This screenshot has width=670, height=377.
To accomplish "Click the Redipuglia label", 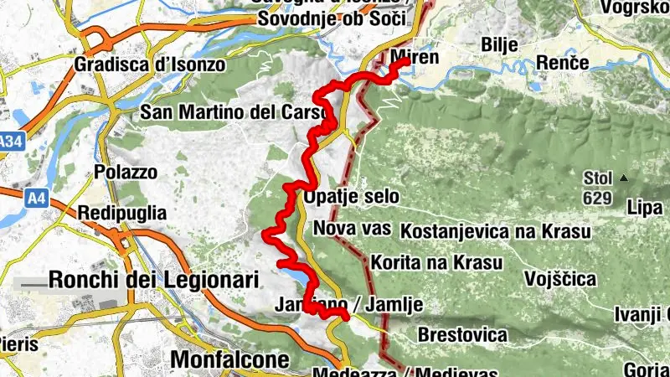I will click(121, 213).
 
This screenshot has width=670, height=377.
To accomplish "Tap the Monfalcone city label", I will click(229, 359).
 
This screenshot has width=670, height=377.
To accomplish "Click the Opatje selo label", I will click(352, 197).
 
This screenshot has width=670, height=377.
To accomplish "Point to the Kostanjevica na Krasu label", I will click(496, 230).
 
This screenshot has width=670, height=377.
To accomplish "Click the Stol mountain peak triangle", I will click(623, 178).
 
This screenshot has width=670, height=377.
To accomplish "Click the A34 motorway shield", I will click(9, 143).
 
